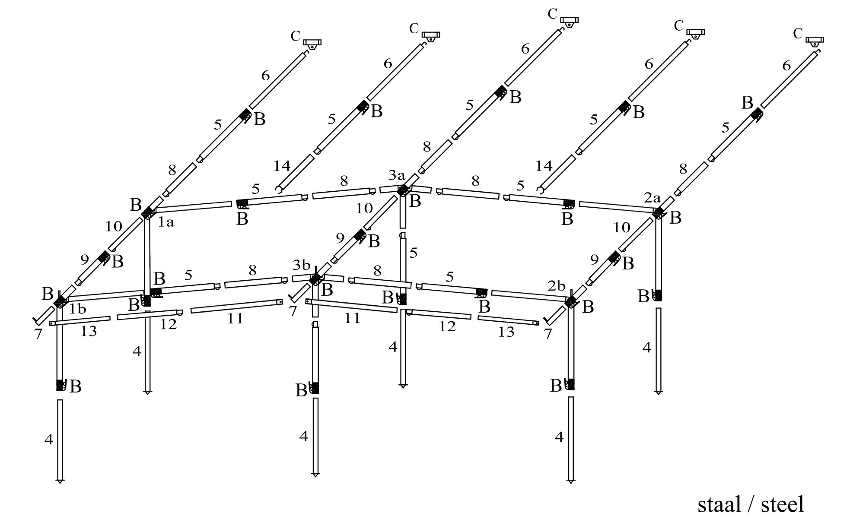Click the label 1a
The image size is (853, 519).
coord(166,223)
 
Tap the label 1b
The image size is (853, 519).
coord(78,309)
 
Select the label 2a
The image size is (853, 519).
coord(652,198)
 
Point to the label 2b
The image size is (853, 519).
coord(557,286)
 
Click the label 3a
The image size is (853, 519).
coord(397,175)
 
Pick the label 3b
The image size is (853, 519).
coord(302,264)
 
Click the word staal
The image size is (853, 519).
coord(719,504)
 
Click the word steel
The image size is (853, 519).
coord(782,504)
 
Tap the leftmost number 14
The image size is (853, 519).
coord(282,166)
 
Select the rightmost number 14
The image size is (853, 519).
coord(544,166)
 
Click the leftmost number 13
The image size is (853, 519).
coord(89,332)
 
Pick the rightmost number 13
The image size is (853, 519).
coord(506,332)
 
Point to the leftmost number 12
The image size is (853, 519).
coord(168,325)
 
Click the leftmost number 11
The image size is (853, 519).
coord(235,319)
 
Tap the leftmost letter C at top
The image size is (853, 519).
coord(295,37)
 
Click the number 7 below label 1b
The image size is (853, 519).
coord(38,334)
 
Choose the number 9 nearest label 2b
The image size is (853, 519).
coord(595,260)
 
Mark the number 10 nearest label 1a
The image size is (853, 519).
coord(113,226)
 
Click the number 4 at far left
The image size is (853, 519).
coord(48,440)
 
